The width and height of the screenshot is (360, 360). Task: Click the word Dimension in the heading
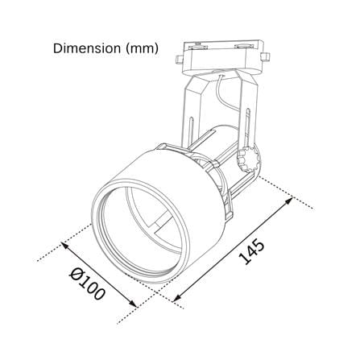[x=87, y=48]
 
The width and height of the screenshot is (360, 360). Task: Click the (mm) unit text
[x=142, y=48]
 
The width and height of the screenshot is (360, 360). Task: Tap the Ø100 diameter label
[x=86, y=285]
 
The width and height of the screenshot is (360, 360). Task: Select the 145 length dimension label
[x=251, y=252]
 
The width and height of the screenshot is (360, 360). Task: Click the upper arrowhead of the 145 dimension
[x=289, y=201]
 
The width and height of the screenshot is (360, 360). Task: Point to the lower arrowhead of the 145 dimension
[x=177, y=297]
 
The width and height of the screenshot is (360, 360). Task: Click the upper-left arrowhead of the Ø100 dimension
[x=65, y=246]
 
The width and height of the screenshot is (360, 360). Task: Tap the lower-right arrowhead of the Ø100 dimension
[x=133, y=303]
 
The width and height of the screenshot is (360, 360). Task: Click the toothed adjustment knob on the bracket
[x=248, y=159]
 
